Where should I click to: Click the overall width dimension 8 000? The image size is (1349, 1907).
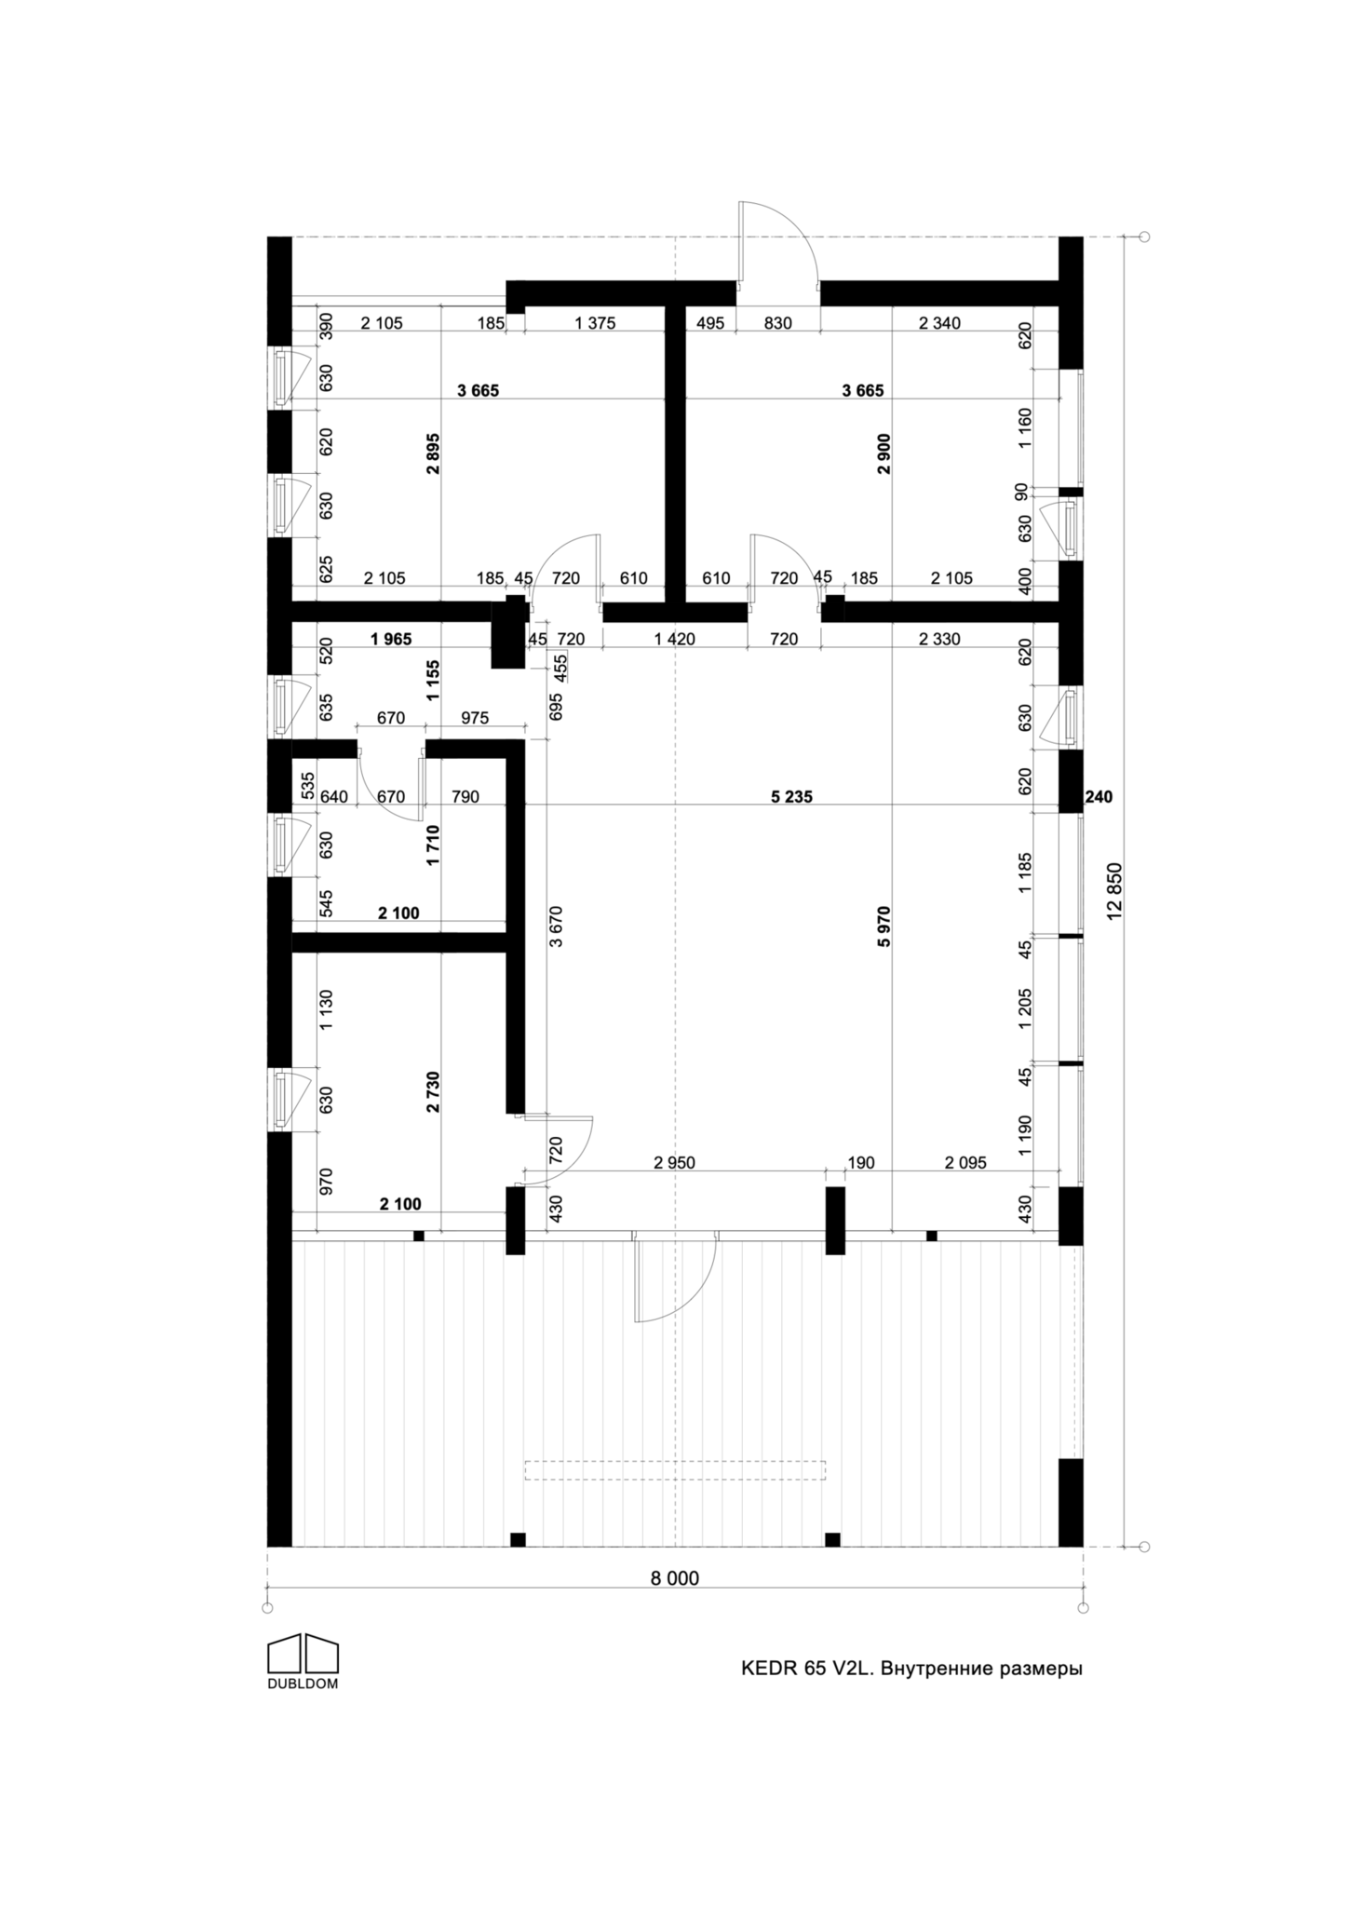pos(675,1577)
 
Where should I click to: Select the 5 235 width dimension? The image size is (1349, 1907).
pos(791,796)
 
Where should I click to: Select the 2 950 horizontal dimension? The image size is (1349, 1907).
pos(674,1162)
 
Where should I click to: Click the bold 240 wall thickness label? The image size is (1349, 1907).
pos(1099,796)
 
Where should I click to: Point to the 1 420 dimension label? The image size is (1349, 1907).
pos(674,639)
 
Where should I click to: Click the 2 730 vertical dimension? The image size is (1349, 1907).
pos(433,1092)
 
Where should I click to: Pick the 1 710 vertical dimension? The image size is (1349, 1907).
pos(433,845)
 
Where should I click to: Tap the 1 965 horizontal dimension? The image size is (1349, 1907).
pos(390,639)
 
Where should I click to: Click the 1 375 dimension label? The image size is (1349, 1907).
pos(596,323)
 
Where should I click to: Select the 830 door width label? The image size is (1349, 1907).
pos(777,323)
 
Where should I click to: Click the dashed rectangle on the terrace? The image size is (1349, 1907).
pos(675,1470)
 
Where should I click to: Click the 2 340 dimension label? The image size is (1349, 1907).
pos(939,323)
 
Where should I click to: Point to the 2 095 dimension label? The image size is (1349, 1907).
pos(965,1162)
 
